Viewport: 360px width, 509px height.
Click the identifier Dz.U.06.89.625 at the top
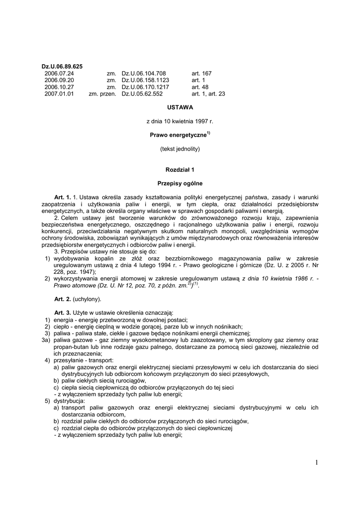62,66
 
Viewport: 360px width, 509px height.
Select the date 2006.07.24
59,73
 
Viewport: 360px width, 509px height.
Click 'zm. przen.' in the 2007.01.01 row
102,93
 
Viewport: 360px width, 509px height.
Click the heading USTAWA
180,107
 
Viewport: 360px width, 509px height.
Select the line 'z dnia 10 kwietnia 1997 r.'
180,121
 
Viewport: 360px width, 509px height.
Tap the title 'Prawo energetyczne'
178,135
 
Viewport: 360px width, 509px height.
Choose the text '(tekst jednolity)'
180,149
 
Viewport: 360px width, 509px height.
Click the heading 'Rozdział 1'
180,170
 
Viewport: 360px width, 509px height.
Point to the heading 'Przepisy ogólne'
180,183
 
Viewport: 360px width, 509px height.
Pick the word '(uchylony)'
87,299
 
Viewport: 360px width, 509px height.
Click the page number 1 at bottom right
316,463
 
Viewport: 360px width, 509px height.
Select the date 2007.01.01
59,93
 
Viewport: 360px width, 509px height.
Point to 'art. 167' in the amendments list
201,73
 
